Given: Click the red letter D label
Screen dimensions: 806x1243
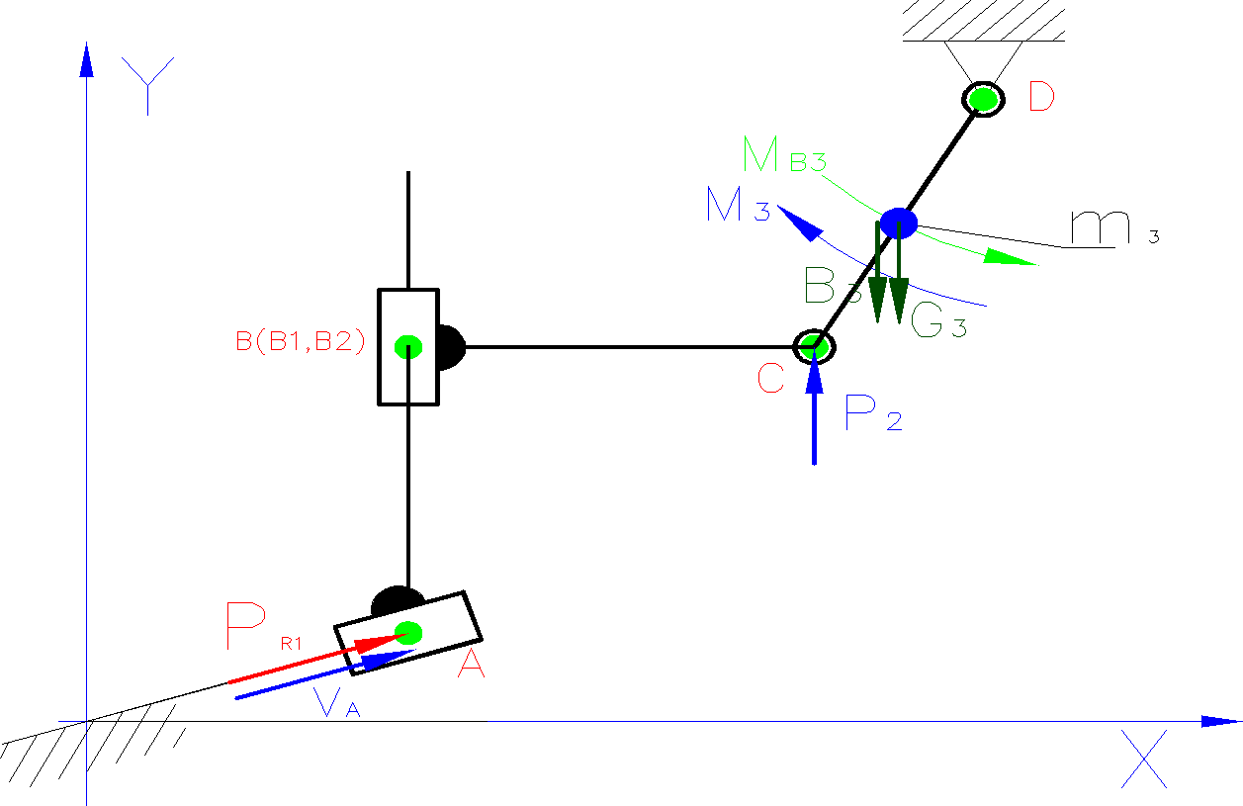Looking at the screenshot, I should (x=1041, y=97).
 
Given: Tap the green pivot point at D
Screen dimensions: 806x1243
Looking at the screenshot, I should (x=982, y=99).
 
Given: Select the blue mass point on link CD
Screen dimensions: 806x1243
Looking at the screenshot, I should (x=899, y=223).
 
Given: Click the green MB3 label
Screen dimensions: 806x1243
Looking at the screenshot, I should (x=784, y=155).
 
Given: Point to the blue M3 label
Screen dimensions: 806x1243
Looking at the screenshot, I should (x=738, y=205).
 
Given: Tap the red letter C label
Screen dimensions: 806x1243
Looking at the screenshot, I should (x=771, y=378).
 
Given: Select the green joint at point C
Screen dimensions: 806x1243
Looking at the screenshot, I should (x=814, y=346).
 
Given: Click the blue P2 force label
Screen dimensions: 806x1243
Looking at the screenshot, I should (x=873, y=413).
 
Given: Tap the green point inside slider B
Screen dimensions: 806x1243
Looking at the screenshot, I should (x=408, y=346).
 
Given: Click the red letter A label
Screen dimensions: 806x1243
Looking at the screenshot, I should (x=471, y=667).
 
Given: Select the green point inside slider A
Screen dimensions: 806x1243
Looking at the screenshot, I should (x=408, y=631).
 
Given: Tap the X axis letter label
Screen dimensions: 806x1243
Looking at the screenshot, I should (x=1144, y=759).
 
